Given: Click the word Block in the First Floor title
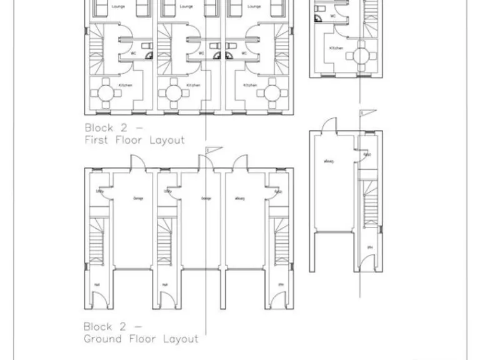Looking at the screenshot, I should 98,127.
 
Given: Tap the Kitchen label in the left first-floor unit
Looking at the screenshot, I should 124,86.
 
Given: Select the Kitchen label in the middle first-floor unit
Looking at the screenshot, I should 193,86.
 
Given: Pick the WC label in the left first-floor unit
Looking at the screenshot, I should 134,53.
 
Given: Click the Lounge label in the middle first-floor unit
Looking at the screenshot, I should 186,6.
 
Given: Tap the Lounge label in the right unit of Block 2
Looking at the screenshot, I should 253,6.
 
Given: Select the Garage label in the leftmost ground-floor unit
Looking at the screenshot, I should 138,199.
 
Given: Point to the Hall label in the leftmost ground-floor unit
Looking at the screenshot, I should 97,285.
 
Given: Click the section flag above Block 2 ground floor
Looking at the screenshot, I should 212,149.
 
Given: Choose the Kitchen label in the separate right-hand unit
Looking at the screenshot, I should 336,48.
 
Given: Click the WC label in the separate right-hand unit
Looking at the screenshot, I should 332,16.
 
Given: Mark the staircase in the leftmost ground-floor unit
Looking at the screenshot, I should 98,241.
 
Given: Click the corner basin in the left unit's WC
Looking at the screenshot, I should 149,55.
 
